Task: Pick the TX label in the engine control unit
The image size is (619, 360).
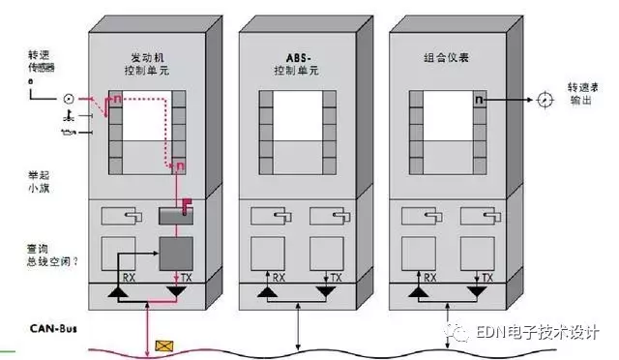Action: coord(198,275)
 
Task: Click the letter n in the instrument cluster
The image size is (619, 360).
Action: coord(478,99)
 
